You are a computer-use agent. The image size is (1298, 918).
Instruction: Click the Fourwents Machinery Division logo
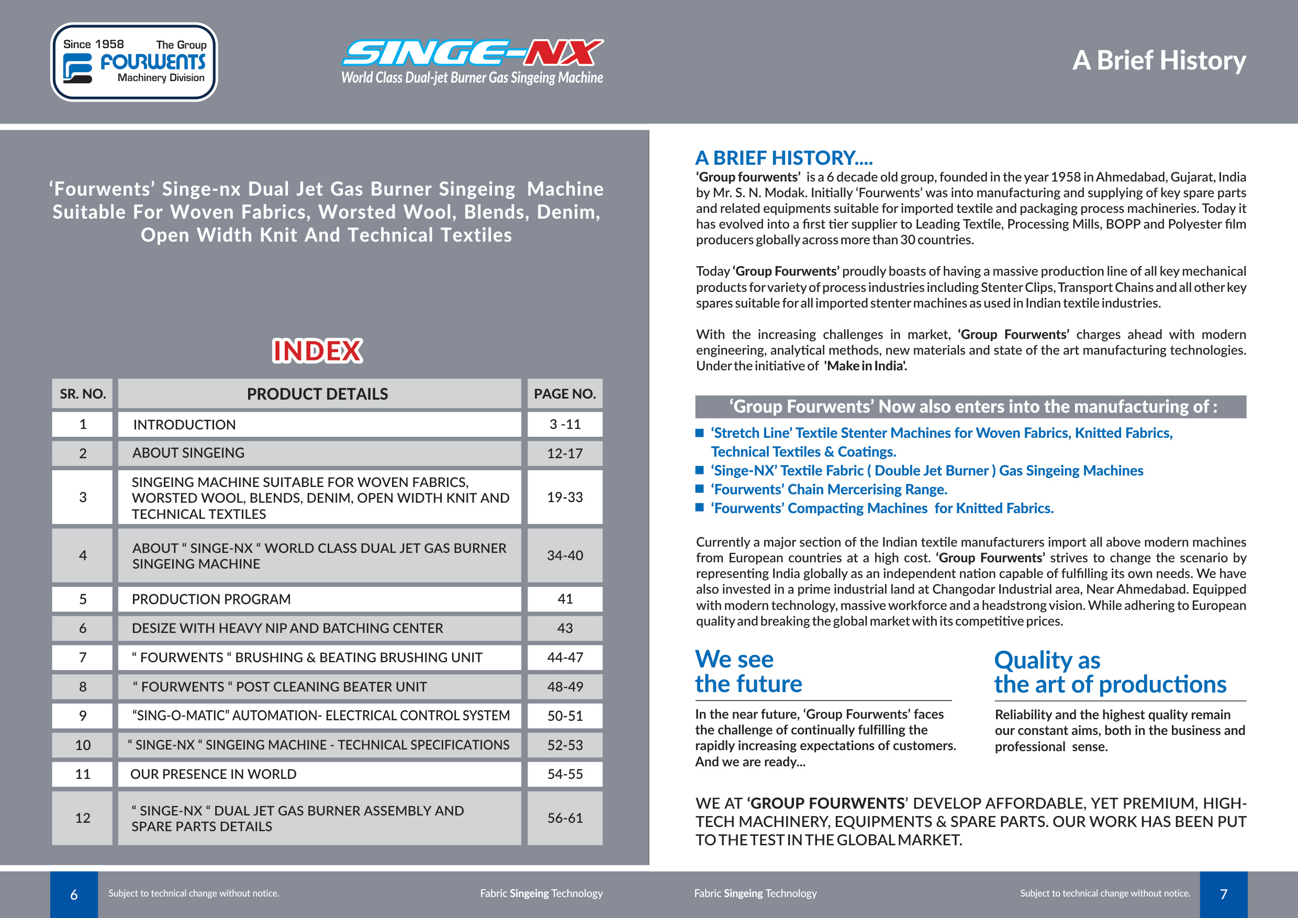coord(134,62)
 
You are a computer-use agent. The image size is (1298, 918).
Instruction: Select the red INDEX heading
coord(317,351)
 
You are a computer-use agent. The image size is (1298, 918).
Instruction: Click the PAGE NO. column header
coord(564,394)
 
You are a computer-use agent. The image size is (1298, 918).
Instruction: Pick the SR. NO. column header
coord(83,394)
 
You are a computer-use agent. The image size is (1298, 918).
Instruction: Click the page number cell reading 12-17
coord(564,454)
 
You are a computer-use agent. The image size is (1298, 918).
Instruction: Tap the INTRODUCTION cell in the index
coord(184,425)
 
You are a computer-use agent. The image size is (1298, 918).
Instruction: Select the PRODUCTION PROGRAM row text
coord(211,599)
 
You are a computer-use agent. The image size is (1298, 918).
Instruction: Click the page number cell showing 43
coord(564,628)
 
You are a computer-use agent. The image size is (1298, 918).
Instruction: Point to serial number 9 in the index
coord(83,716)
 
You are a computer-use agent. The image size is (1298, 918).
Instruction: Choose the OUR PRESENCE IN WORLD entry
coord(213,774)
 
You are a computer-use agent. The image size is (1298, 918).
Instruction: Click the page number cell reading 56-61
coord(564,818)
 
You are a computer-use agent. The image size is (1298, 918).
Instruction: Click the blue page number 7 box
coord(1223,894)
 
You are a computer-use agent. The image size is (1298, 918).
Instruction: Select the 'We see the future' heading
coord(748,672)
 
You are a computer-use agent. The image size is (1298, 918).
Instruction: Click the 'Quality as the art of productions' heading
coord(1110,672)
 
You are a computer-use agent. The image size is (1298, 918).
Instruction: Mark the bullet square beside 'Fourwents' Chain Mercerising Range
coord(700,489)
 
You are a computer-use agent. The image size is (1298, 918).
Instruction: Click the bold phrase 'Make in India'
coord(865,366)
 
